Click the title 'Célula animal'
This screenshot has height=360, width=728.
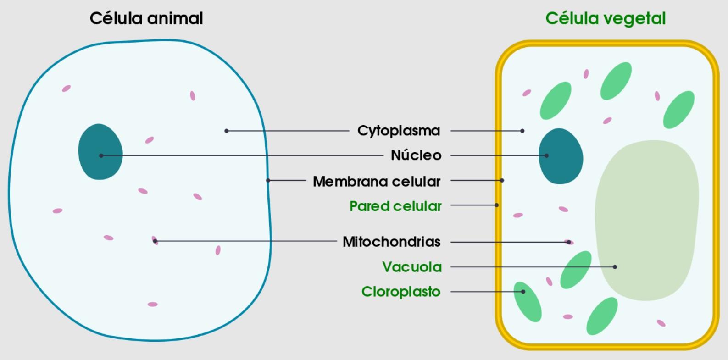pyautogui.click(x=146, y=19)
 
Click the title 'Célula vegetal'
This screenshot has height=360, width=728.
pyautogui.click(x=605, y=19)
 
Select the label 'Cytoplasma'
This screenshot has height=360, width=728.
pyautogui.click(x=399, y=131)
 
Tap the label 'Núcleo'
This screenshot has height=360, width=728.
pyautogui.click(x=416, y=155)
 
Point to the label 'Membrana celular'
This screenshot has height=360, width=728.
pyautogui.click(x=376, y=182)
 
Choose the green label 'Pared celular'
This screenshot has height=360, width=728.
pyautogui.click(x=395, y=206)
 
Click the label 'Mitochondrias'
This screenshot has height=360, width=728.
pyautogui.click(x=391, y=242)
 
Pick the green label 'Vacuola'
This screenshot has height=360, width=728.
pyautogui.click(x=412, y=267)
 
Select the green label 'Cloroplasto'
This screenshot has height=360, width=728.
pyautogui.click(x=401, y=292)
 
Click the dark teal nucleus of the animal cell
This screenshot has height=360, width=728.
pyautogui.click(x=100, y=151)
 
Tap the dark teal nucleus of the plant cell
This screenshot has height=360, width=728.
pyautogui.click(x=560, y=156)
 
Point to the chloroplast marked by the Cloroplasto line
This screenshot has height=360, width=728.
pyautogui.click(x=527, y=301)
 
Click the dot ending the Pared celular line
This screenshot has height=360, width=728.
pyautogui.click(x=497, y=205)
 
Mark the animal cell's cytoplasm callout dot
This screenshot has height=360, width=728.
pyautogui.click(x=226, y=131)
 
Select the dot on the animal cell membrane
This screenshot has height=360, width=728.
pyautogui.click(x=268, y=180)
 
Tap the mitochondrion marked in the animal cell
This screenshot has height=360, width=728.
pyautogui.click(x=155, y=241)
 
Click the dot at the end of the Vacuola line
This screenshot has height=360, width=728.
pyautogui.click(x=615, y=267)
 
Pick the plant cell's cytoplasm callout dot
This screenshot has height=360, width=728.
pyautogui.click(x=522, y=131)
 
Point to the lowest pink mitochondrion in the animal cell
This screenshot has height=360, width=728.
pyautogui.click(x=153, y=305)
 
